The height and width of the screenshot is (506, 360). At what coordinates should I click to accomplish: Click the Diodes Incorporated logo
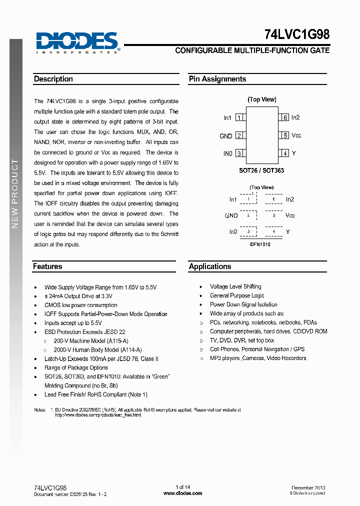pyautogui.click(x=77, y=42)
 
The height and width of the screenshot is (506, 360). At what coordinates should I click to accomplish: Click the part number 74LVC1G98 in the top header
pyautogui.click(x=296, y=35)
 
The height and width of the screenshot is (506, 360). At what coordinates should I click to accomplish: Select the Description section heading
pyautogui.click(x=53, y=79)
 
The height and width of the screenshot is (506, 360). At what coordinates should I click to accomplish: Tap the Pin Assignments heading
pyautogui.click(x=217, y=79)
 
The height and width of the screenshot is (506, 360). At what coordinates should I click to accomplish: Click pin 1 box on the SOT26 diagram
pyautogui.click(x=239, y=117)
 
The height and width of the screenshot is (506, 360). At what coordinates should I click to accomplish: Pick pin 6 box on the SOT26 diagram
pyautogui.click(x=284, y=117)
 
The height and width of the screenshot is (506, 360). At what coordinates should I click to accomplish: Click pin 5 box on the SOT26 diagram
pyautogui.click(x=284, y=135)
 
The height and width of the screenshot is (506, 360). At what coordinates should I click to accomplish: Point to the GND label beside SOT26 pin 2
pyautogui.click(x=226, y=136)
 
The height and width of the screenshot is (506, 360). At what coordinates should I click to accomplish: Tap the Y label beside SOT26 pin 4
pyautogui.click(x=294, y=154)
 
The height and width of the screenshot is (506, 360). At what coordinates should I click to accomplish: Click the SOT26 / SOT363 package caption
pyautogui.click(x=261, y=170)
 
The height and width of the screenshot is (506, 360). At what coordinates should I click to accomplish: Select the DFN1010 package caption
pyautogui.click(x=260, y=244)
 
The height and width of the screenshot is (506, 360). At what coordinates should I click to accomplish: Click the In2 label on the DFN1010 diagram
pyautogui.click(x=290, y=199)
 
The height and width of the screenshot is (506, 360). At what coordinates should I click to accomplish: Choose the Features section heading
pyautogui.click(x=47, y=266)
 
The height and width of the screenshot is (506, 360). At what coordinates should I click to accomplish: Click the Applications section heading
pyautogui.click(x=210, y=266)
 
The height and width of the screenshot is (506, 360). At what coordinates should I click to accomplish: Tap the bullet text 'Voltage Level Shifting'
pyautogui.click(x=235, y=286)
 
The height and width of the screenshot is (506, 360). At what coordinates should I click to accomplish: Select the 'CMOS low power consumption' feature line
pyautogui.click(x=81, y=305)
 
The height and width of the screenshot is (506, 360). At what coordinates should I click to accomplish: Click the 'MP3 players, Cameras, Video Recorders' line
pyautogui.click(x=258, y=358)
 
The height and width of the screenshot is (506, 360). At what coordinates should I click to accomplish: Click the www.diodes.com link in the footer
pyautogui.click(x=182, y=493)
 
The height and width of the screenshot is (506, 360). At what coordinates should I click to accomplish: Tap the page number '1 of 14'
pyautogui.click(x=183, y=487)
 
